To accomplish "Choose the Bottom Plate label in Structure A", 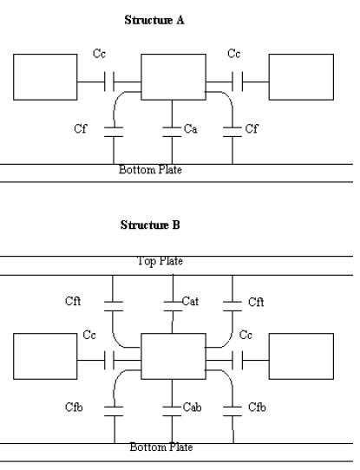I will click(150, 169).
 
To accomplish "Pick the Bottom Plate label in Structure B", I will click(161, 447).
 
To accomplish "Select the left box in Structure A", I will click(45, 76).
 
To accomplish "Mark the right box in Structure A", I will click(300, 76).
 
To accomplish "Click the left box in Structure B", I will click(45, 356).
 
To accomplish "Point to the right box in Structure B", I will click(301, 356).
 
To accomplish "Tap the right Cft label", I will click(256, 302).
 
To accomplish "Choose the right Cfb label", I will click(258, 407).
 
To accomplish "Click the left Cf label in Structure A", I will click(81, 129).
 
